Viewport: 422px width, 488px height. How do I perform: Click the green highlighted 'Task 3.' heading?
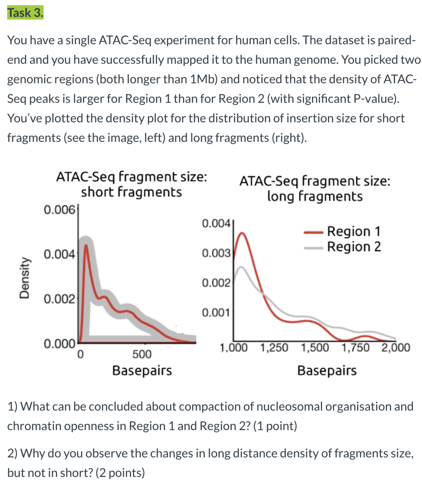point(25,13)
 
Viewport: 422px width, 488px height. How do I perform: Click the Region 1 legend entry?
point(353,231)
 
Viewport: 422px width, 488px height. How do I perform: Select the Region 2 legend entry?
point(353,247)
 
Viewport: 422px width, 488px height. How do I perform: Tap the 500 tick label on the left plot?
point(142,354)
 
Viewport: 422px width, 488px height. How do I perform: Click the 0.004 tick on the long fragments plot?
point(216,223)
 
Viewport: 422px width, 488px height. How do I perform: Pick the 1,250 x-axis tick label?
point(274,348)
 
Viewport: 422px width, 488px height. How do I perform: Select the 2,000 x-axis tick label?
point(396,348)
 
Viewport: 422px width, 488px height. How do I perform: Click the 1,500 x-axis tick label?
point(315,348)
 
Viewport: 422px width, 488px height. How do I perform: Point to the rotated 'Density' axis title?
point(24,278)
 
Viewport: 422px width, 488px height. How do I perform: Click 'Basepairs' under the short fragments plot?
point(142,371)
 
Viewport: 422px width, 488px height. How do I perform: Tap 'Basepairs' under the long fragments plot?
point(327,371)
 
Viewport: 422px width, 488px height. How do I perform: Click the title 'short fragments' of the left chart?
point(132,192)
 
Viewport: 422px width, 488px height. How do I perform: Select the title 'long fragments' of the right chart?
point(315,196)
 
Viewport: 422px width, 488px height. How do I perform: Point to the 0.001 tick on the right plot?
point(216,312)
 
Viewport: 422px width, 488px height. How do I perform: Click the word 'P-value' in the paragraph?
point(376,99)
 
